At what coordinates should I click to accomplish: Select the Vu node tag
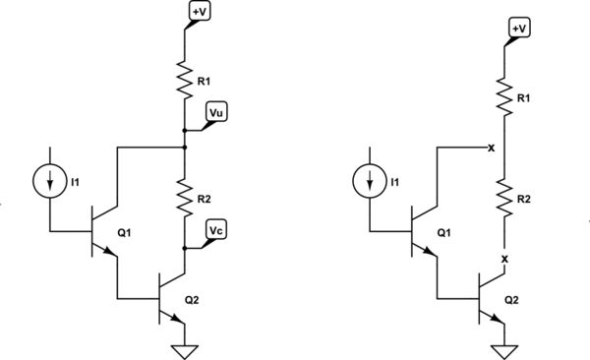216,114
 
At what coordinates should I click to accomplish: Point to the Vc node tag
216,230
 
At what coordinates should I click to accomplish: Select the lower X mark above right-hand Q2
504,259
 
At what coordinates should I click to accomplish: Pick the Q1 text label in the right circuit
444,233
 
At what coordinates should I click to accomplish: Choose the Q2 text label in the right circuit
513,299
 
